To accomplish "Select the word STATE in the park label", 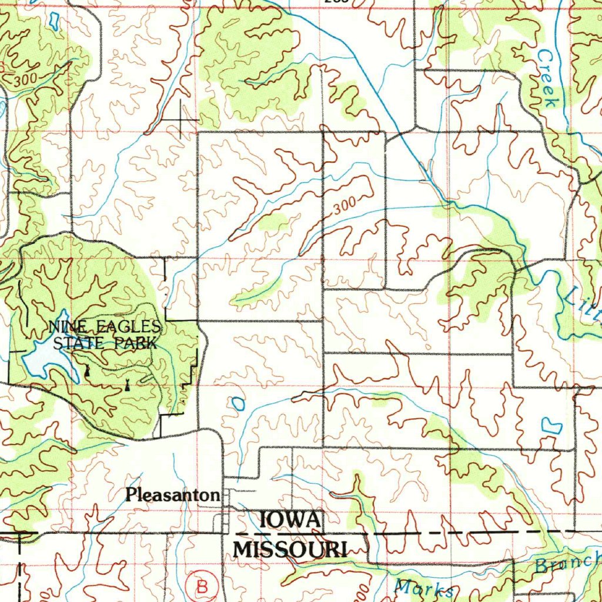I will [x=77, y=343].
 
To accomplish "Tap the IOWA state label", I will [x=290, y=520].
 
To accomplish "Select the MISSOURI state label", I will [x=290, y=549].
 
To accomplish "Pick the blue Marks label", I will [x=424, y=588].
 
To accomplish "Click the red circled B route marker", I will [x=202, y=586].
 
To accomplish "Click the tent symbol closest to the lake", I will [x=88, y=371].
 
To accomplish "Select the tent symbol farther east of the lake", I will [x=128, y=386].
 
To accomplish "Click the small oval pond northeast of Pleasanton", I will [x=238, y=403].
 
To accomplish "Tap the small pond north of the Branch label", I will [x=549, y=425].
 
